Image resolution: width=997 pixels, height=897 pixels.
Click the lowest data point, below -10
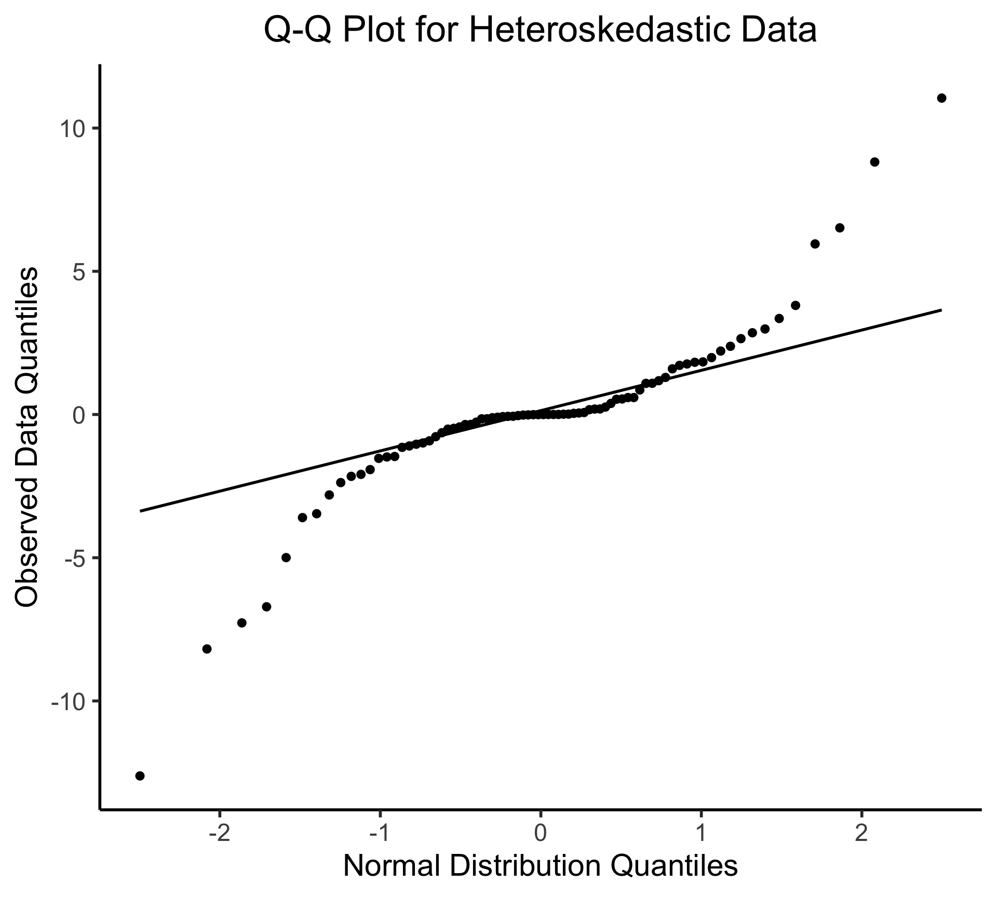click(x=140, y=776)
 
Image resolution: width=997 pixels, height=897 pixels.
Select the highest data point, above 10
click(x=941, y=98)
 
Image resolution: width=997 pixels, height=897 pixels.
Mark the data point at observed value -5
click(x=286, y=558)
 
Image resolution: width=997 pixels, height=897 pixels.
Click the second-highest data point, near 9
click(x=874, y=162)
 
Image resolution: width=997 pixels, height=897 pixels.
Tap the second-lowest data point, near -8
click(x=207, y=649)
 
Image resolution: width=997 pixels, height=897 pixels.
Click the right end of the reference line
click(x=941, y=310)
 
